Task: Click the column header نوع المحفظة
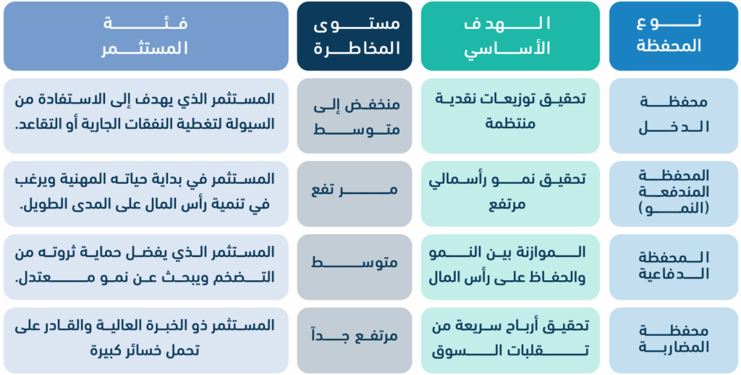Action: [674, 36]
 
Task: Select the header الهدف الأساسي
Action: [510, 36]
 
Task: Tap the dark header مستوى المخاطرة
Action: [355, 36]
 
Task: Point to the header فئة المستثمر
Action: [146, 36]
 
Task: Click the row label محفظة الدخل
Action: [674, 116]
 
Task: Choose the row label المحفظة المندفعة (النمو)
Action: [674, 194]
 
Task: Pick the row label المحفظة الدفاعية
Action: [674, 267]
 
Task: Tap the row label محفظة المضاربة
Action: [674, 340]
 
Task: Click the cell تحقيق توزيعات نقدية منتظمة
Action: [510, 116]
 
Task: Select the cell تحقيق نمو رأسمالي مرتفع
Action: [510, 194]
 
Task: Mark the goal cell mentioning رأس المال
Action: [510, 267]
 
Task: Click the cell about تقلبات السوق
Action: [510, 340]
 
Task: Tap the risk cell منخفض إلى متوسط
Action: [355, 116]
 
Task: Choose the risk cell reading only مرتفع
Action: [355, 194]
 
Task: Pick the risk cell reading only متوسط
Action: [355, 267]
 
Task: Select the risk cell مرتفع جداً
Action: [355, 340]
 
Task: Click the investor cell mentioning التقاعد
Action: [146, 116]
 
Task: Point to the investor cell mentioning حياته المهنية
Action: [146, 194]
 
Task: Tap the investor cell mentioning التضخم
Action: [146, 267]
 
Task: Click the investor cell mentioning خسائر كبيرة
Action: [146, 340]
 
